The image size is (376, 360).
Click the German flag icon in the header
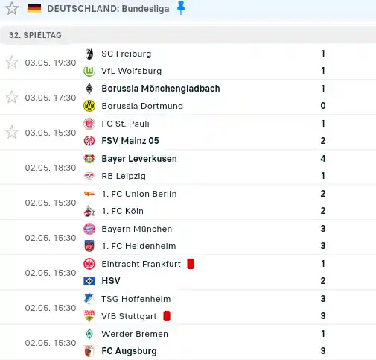pyautogui.click(x=34, y=8)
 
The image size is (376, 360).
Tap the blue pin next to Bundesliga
pyautogui.click(x=181, y=8)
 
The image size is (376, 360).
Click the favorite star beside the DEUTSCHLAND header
pyautogui.click(x=12, y=8)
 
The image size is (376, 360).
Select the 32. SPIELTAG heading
pyautogui.click(x=35, y=35)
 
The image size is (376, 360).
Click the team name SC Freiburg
pyautogui.click(x=127, y=54)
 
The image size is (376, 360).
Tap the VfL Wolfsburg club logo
pyautogui.click(x=89, y=71)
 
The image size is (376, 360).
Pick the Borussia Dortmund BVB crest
pyautogui.click(x=89, y=106)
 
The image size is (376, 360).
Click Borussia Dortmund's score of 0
pyautogui.click(x=323, y=106)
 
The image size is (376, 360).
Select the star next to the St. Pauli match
pyautogui.click(x=12, y=132)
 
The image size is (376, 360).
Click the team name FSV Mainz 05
pyautogui.click(x=130, y=141)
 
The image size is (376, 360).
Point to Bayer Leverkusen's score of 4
pyautogui.click(x=323, y=158)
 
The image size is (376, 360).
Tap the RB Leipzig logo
pyautogui.click(x=89, y=176)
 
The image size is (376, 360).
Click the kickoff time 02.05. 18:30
pyautogui.click(x=51, y=168)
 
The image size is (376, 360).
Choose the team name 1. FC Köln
pyautogui.click(x=123, y=211)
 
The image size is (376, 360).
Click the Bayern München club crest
pyautogui.click(x=89, y=229)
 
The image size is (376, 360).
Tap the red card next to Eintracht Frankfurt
pyautogui.click(x=191, y=264)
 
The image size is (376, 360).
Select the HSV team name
pyautogui.click(x=111, y=281)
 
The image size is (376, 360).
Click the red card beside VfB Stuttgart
pyautogui.click(x=167, y=316)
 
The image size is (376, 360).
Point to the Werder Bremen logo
pyautogui.click(x=89, y=334)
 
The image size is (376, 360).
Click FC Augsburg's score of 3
pyautogui.click(x=323, y=351)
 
